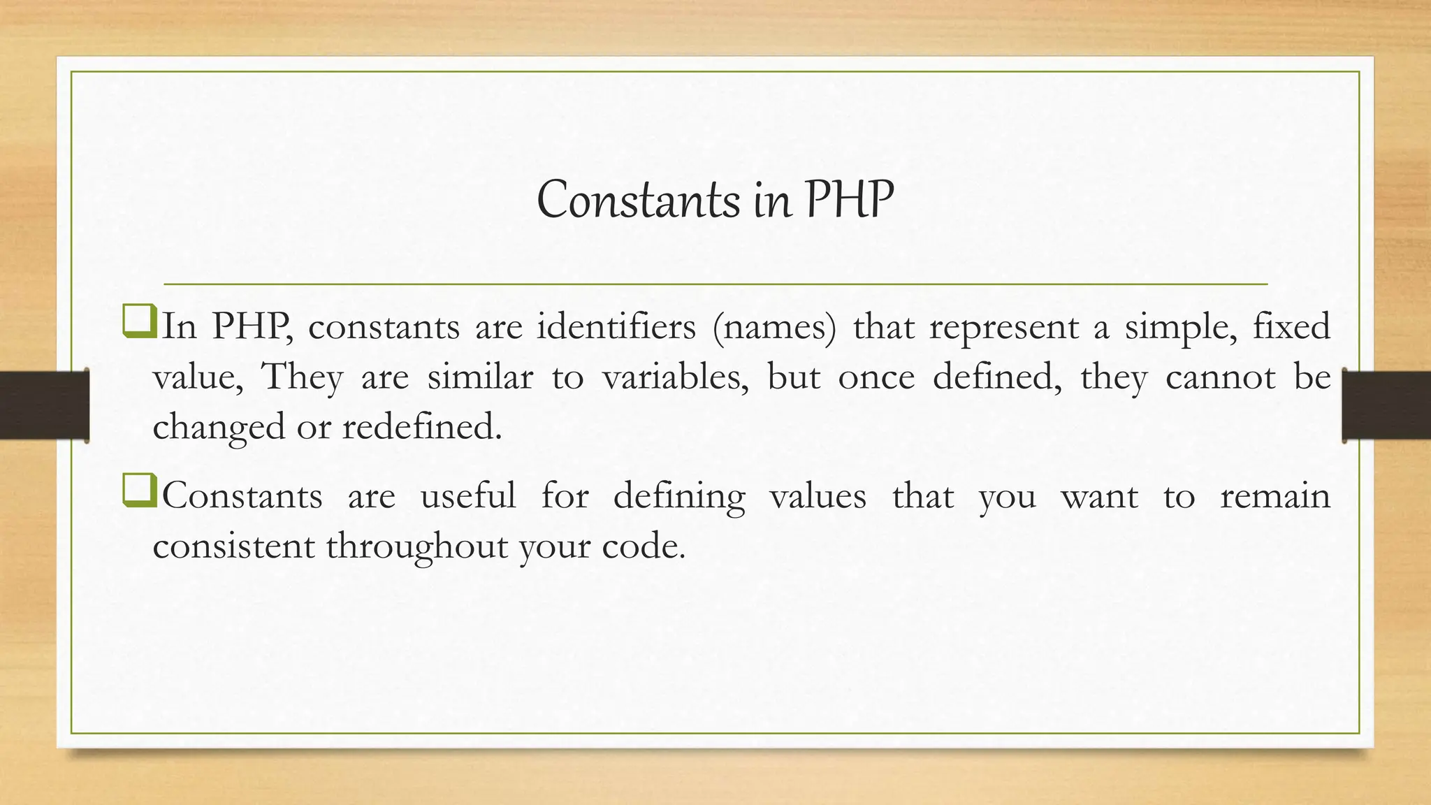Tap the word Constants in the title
638,201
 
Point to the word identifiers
616,326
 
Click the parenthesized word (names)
774,327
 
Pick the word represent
1004,327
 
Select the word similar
480,377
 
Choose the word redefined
421,426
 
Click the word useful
468,495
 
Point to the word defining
678,497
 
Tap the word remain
1275,495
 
